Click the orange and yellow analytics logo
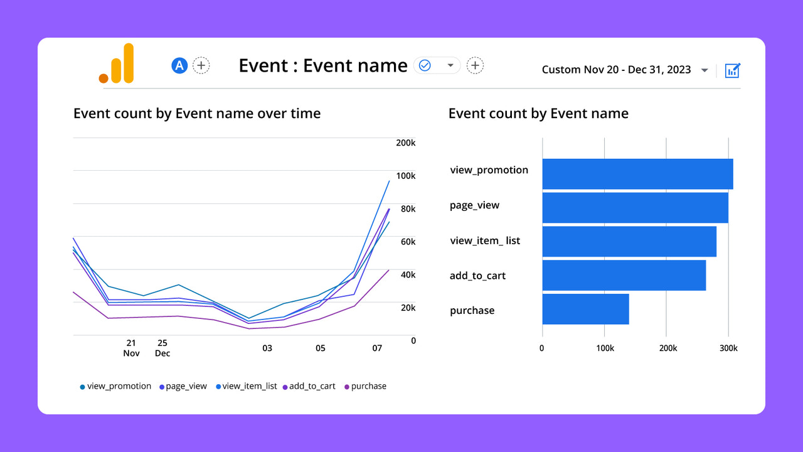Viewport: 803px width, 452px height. coord(117,63)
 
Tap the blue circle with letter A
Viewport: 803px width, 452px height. coord(180,65)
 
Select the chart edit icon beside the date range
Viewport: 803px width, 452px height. coord(732,70)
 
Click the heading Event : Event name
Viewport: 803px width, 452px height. coord(323,65)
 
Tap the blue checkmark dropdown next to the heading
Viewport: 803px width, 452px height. coord(437,65)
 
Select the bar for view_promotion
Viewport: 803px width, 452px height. coord(637,174)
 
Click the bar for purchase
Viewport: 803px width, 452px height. coord(585,309)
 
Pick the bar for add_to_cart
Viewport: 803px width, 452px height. coord(624,275)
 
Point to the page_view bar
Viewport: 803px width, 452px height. coord(635,208)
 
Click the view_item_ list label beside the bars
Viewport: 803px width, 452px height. coord(485,240)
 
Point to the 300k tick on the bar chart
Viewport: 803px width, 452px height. coord(728,348)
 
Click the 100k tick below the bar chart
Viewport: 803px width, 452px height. coord(604,348)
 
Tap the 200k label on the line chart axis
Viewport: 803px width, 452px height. coord(405,143)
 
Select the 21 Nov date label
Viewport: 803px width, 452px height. coord(131,348)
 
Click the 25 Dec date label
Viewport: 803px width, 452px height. coord(162,348)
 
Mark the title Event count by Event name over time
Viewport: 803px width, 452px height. coord(197,114)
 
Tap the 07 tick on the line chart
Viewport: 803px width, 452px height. coord(377,348)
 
